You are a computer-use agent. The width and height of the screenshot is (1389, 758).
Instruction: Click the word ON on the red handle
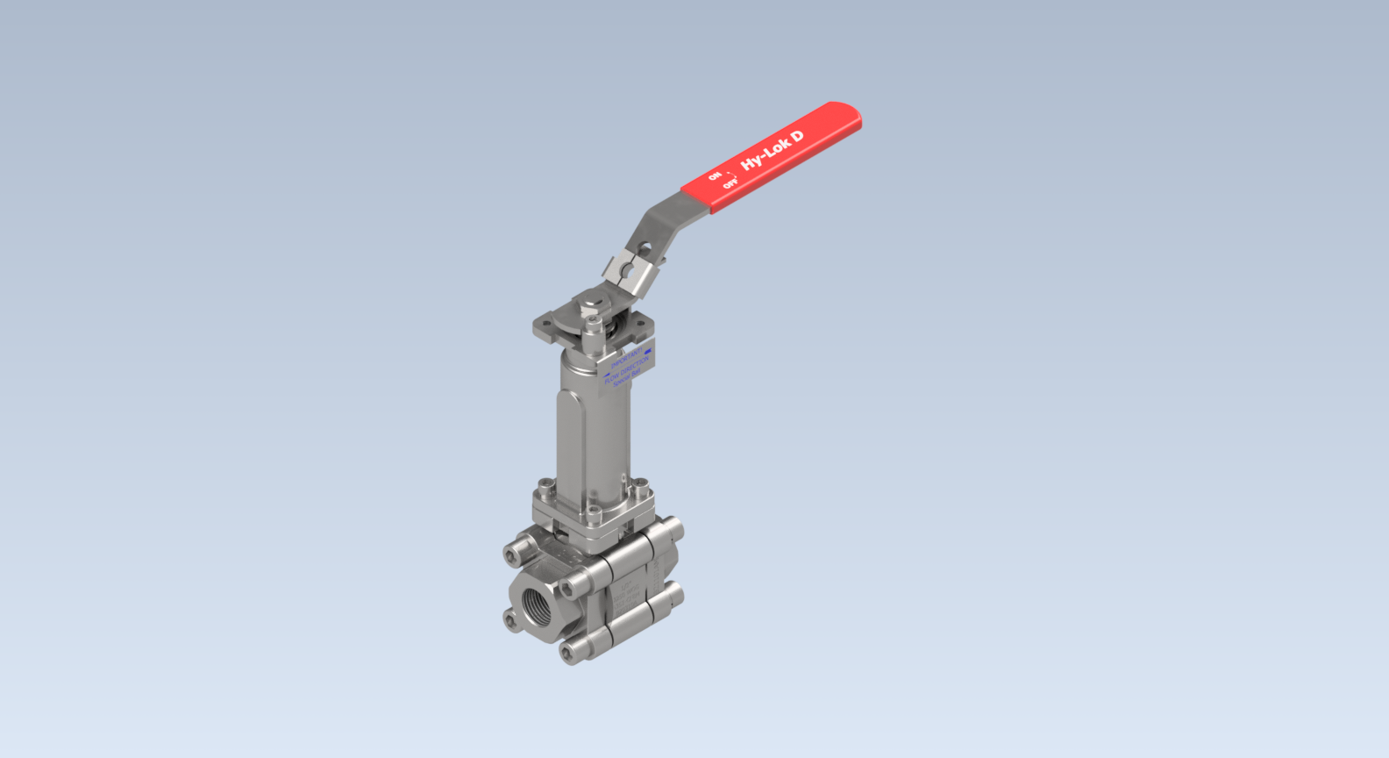pyautogui.click(x=715, y=176)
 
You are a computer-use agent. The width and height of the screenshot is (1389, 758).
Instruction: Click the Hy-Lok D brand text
pyautogui.click(x=772, y=151)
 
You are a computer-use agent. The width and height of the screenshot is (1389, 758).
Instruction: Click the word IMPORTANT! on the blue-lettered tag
pyautogui.click(x=626, y=357)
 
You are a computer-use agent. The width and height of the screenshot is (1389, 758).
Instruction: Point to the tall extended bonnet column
pyautogui.click(x=592, y=430)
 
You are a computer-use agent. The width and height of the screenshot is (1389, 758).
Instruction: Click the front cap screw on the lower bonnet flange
pyautogui.click(x=594, y=511)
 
